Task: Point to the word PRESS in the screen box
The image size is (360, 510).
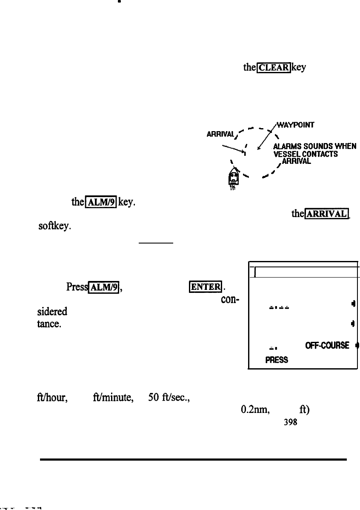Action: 276,359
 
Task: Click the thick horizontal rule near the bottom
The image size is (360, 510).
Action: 194,460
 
